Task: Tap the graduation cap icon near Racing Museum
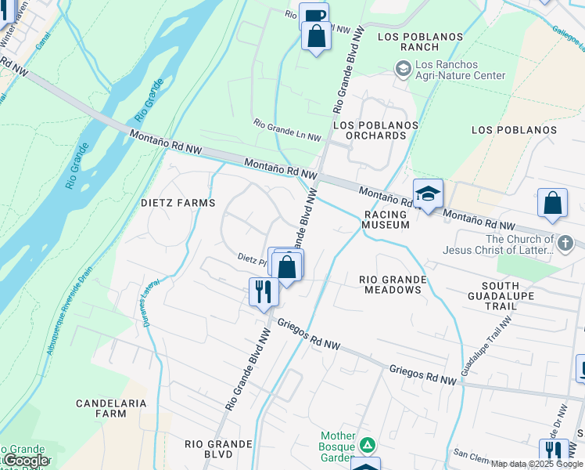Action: click(x=428, y=193)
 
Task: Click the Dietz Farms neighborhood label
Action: click(x=178, y=203)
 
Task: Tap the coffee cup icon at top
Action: click(x=314, y=16)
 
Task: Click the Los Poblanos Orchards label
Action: click(x=370, y=130)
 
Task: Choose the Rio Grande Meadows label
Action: click(x=393, y=284)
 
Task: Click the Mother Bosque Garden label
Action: click(x=338, y=446)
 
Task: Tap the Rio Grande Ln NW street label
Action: click(x=287, y=130)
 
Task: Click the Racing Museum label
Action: click(x=386, y=219)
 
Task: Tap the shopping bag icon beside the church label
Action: click(x=552, y=203)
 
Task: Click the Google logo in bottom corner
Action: click(x=26, y=461)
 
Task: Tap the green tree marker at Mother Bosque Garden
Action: click(x=367, y=446)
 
